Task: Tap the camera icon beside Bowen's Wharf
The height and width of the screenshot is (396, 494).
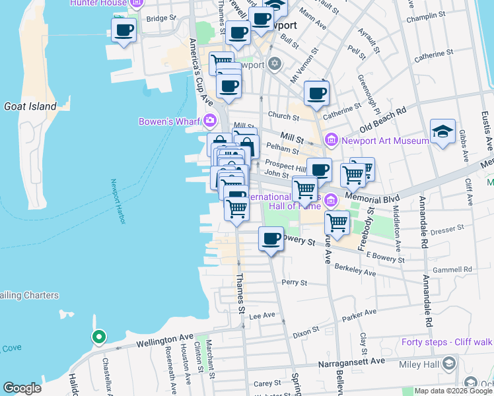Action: click(210, 120)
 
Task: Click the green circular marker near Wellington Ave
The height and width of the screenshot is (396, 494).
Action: click(98, 337)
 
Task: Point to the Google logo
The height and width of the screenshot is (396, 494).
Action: click(22, 388)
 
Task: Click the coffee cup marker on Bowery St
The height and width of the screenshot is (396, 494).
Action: click(269, 238)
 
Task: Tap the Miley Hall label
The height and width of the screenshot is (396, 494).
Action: click(421, 365)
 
